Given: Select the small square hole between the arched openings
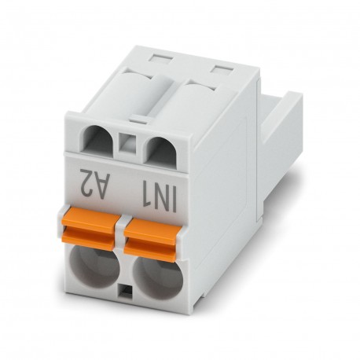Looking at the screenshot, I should coord(126,145).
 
